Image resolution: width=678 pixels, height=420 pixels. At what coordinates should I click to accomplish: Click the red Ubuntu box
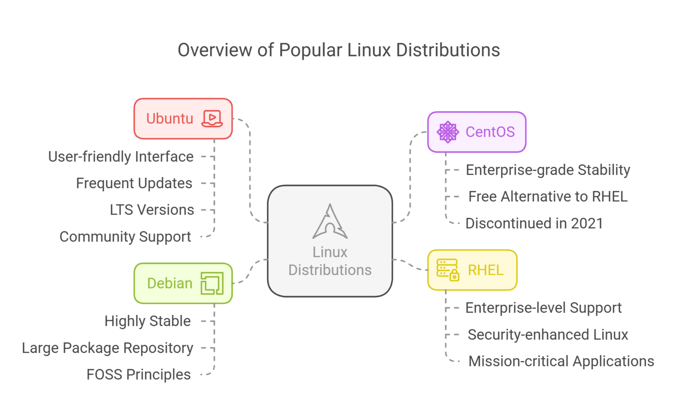(x=183, y=118)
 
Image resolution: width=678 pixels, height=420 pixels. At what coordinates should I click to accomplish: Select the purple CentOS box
(x=477, y=132)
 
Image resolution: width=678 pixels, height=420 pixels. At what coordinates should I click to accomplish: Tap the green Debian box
(x=183, y=283)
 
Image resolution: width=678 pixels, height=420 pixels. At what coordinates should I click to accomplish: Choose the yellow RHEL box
(x=472, y=270)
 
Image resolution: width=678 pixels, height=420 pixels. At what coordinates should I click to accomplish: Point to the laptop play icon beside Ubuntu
(x=211, y=118)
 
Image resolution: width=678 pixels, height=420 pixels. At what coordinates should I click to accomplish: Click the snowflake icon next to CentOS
(x=448, y=132)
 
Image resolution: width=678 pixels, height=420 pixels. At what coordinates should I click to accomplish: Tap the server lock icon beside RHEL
(x=448, y=270)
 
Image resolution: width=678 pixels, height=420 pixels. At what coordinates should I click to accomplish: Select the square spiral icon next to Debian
(x=212, y=283)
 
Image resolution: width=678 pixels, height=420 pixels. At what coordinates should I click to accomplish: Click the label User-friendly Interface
(x=121, y=157)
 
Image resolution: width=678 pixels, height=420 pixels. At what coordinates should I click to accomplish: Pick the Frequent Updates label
(x=134, y=183)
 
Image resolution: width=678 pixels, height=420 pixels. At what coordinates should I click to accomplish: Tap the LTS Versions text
(x=152, y=210)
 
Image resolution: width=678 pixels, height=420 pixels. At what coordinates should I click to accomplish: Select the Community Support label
(x=125, y=237)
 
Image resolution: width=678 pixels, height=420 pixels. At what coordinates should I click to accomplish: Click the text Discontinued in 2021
(x=534, y=223)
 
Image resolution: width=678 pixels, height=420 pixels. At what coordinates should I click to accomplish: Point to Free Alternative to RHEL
(x=548, y=197)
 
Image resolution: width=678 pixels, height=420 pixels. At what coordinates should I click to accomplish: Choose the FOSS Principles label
(x=139, y=375)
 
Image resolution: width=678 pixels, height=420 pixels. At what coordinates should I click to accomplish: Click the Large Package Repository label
(x=107, y=348)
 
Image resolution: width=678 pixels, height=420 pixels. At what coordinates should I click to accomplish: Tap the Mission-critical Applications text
(x=561, y=361)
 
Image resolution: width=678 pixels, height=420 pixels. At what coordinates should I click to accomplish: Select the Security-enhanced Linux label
(x=548, y=335)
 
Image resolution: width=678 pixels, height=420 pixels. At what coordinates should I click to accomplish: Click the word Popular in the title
(x=310, y=50)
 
